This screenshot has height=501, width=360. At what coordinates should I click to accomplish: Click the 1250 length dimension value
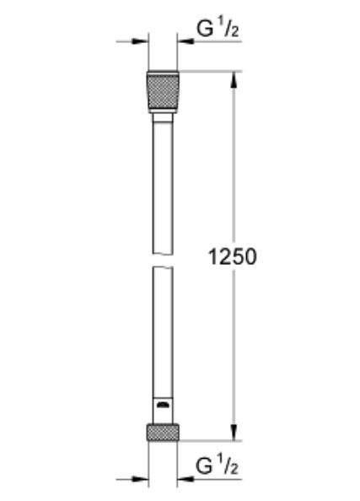tap(233, 256)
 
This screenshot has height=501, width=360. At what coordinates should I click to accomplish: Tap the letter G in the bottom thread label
tap(204, 466)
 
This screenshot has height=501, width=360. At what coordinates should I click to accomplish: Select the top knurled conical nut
tap(163, 92)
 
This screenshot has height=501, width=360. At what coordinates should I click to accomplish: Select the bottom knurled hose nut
tap(163, 432)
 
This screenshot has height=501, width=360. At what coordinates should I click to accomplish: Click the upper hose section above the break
tap(163, 186)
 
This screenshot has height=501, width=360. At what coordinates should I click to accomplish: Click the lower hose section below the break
tap(163, 337)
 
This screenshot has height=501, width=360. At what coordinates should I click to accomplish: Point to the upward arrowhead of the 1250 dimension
tap(234, 78)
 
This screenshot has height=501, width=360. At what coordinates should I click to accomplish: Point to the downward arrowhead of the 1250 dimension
tap(234, 433)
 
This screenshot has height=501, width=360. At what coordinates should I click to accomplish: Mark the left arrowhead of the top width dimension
tap(142, 40)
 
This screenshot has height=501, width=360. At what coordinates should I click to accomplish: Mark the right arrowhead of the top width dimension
tap(184, 40)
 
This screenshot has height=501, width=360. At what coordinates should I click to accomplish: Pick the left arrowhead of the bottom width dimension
tap(142, 480)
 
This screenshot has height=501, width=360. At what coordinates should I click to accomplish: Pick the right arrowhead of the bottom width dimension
tap(184, 480)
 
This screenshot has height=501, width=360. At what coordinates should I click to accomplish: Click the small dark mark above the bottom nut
tap(163, 407)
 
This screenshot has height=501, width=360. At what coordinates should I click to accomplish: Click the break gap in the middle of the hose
tap(163, 259)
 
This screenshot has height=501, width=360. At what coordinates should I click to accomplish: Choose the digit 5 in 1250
tap(239, 256)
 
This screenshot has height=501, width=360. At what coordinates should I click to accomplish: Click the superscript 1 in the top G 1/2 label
tap(221, 24)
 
